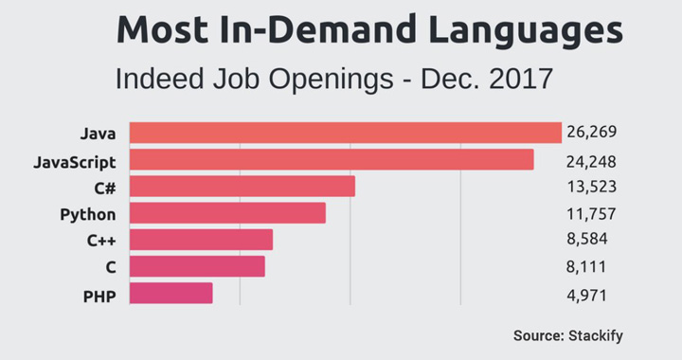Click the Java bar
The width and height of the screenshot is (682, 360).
click(346, 133)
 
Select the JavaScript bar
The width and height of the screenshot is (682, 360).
click(332, 159)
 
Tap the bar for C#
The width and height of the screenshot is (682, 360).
click(242, 186)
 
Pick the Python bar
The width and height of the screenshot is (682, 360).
click(227, 213)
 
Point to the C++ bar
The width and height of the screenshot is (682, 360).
click(201, 240)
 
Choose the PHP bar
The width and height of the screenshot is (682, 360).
click(170, 293)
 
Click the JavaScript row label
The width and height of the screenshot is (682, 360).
click(75, 163)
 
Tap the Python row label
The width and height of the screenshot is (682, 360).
click(88, 215)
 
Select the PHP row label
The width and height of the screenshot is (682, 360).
click(99, 297)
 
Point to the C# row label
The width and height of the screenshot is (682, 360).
click(105, 189)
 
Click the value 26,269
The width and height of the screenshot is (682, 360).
click(591, 132)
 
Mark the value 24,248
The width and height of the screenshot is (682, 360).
click(591, 162)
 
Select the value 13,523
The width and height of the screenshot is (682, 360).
click(591, 187)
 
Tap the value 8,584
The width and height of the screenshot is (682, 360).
click(586, 239)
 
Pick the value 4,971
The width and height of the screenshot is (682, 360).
click(586, 296)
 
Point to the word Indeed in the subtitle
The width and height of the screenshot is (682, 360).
click(160, 80)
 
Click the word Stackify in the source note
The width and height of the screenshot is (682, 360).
click(596, 336)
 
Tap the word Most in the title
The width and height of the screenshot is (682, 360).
click(162, 29)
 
